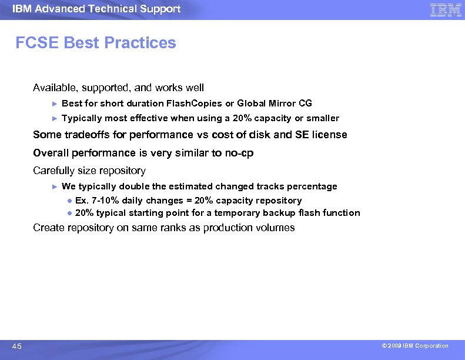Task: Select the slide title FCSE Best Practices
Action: [x=96, y=43]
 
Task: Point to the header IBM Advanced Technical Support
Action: [x=96, y=9]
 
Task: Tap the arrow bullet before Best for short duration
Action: [x=54, y=104]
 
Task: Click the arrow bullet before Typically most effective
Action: [x=54, y=118]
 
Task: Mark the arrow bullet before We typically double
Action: [x=54, y=186]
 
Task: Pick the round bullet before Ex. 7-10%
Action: [x=69, y=201]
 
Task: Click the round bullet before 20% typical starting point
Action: [x=69, y=213]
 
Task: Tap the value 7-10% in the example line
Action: [x=103, y=201]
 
